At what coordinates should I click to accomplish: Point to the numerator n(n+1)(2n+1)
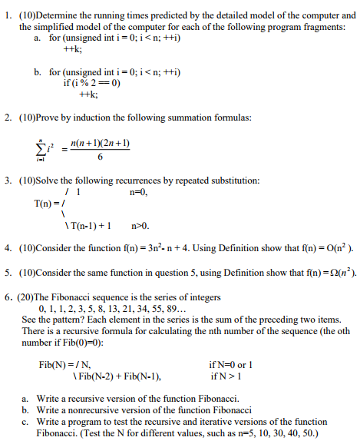point(99,142)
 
